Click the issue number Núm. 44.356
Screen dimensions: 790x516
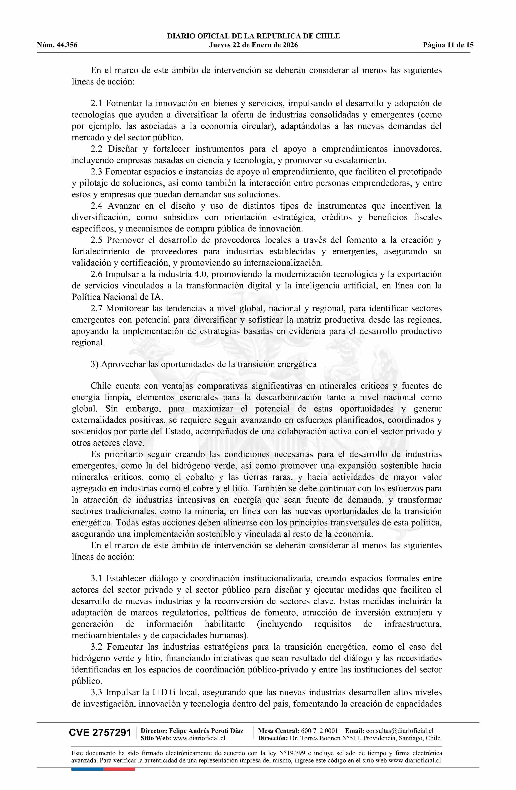(57, 45)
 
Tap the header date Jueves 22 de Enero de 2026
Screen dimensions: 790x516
(253, 45)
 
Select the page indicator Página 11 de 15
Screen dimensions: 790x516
(448, 45)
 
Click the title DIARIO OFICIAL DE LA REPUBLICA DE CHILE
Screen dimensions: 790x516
(253, 36)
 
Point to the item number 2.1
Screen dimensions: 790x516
(97, 104)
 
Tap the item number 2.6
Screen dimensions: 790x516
(97, 274)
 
